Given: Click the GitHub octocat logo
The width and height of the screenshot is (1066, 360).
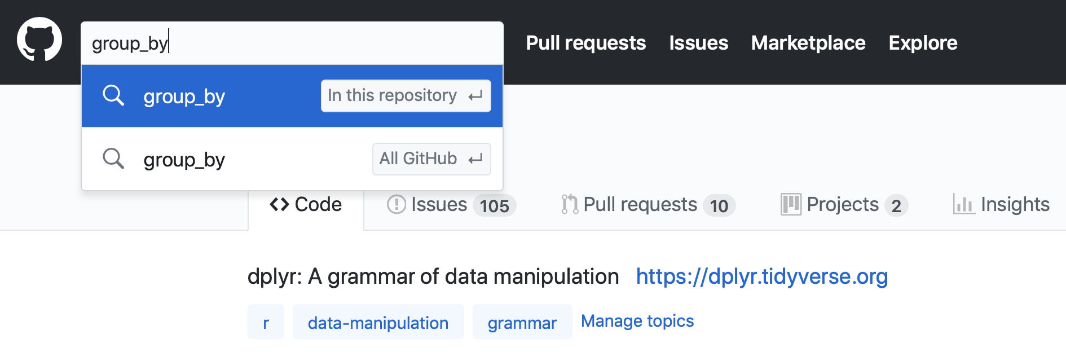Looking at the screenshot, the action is (39, 39).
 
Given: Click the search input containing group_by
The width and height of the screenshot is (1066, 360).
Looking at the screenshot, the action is (292, 43).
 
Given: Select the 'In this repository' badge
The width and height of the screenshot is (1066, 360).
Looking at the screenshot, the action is (406, 96).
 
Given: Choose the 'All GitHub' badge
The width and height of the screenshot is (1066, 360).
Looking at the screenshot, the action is (431, 159).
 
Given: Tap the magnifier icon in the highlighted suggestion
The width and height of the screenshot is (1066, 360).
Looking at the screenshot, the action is (113, 95).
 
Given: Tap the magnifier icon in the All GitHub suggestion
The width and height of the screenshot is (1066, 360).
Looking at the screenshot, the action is (113, 159).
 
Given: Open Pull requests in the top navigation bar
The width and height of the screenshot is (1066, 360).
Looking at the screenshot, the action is (586, 43).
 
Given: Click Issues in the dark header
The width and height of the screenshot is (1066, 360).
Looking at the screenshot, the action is (699, 43).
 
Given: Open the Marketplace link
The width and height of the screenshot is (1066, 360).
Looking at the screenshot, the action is (808, 43).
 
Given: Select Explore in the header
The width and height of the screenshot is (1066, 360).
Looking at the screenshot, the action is (923, 43).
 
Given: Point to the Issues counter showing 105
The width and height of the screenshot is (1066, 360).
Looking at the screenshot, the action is (495, 206).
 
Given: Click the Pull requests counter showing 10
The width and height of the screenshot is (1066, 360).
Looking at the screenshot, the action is (719, 206).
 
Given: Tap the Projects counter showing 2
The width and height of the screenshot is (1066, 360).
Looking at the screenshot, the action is (896, 206).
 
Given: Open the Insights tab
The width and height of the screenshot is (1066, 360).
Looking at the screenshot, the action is (1001, 204).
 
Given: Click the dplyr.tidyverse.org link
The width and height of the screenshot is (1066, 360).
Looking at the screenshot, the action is (762, 276).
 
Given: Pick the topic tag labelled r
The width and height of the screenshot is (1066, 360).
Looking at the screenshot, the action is (266, 322).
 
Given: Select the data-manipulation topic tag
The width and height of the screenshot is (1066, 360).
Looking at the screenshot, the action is (378, 322).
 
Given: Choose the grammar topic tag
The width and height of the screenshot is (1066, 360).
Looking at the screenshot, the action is (522, 322).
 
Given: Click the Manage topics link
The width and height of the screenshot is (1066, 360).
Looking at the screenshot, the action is (637, 321).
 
